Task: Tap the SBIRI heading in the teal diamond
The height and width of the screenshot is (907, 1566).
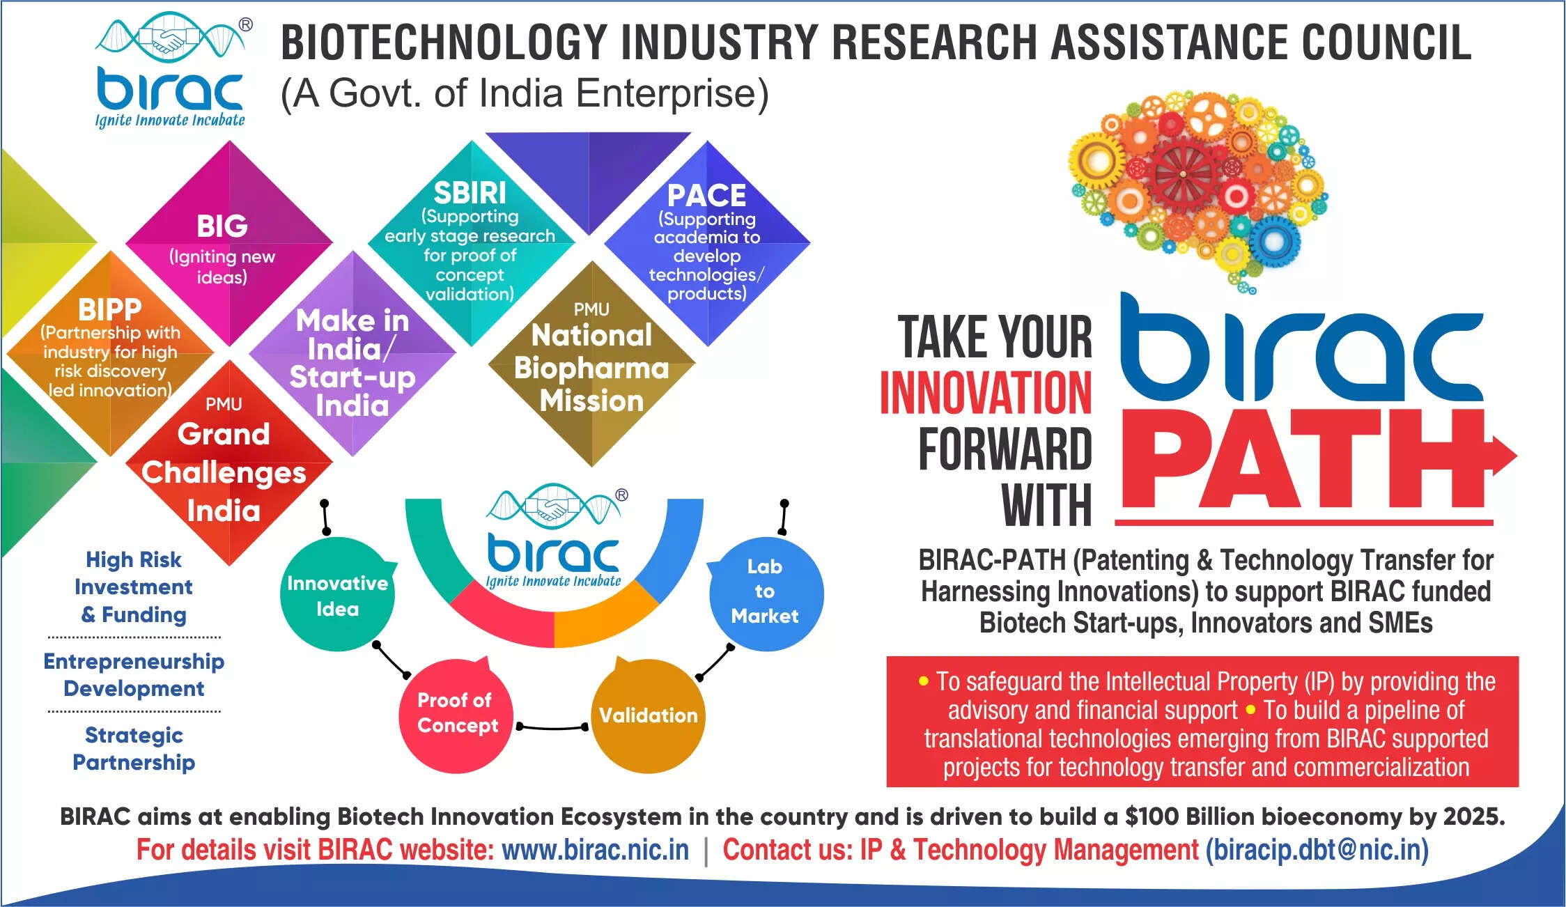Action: (x=470, y=193)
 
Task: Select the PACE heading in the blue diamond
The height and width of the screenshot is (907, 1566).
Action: (x=706, y=195)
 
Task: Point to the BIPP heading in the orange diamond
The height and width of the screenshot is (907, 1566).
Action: (x=110, y=309)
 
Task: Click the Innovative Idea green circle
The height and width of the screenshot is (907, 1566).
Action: (x=337, y=595)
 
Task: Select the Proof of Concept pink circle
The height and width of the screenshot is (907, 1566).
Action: (x=457, y=714)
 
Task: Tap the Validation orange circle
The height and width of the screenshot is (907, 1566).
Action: (x=648, y=716)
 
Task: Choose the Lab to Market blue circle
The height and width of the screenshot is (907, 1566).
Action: (x=765, y=591)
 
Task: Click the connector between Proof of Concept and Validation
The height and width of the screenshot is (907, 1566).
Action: (x=552, y=728)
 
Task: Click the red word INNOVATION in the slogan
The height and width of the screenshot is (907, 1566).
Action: (x=986, y=394)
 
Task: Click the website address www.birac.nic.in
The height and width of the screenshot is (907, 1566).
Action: (x=595, y=851)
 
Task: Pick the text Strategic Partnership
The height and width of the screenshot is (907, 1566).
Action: (x=134, y=749)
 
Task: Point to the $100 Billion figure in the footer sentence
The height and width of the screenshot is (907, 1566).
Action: (x=1183, y=816)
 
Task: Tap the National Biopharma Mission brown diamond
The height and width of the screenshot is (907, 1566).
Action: (x=591, y=367)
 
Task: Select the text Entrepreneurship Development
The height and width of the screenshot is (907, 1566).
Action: (x=134, y=675)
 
